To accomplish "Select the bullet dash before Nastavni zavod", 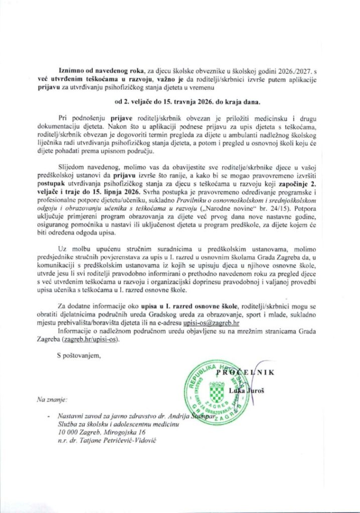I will click(47, 416).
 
